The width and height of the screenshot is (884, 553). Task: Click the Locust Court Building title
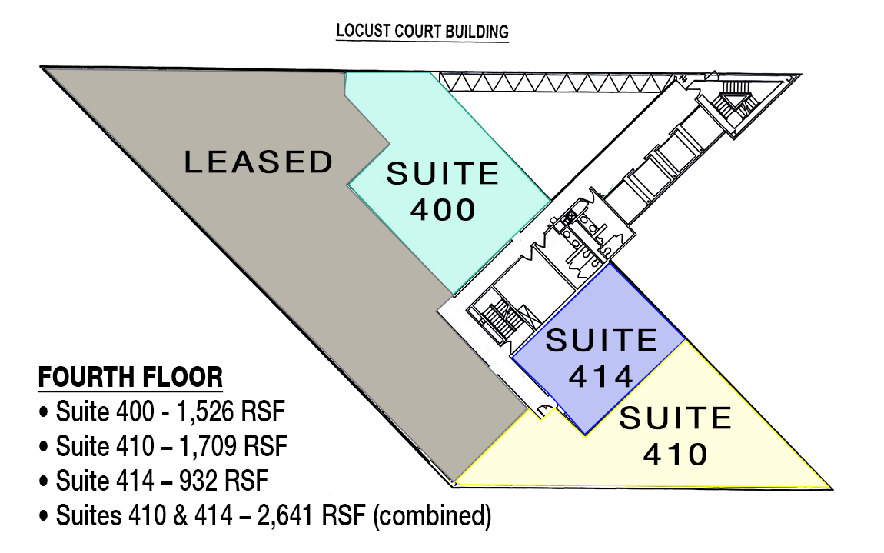pyautogui.click(x=422, y=32)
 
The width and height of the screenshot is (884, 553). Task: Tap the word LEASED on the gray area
pyautogui.click(x=259, y=162)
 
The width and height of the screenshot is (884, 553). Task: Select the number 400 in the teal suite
pyautogui.click(x=443, y=209)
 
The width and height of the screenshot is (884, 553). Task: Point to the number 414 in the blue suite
pyautogui.click(x=601, y=376)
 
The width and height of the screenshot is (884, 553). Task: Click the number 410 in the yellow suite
pyautogui.click(x=676, y=455)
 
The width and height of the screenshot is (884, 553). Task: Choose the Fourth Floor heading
pyautogui.click(x=130, y=377)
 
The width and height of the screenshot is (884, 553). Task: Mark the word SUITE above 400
pyautogui.click(x=443, y=173)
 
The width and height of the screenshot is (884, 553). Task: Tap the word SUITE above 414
pyautogui.click(x=602, y=341)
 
